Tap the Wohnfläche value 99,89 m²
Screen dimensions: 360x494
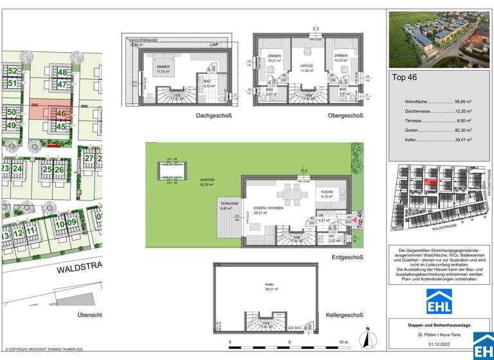[463, 102]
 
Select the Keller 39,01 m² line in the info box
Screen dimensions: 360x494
[432, 139]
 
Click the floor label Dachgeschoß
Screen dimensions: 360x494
[214, 116]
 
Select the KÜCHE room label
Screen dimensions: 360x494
[327, 193]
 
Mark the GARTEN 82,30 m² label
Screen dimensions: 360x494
[207, 183]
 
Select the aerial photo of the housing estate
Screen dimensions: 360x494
[441, 40]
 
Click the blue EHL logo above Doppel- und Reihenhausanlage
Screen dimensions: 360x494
[440, 301]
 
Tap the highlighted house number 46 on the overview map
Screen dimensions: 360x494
[61, 114]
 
